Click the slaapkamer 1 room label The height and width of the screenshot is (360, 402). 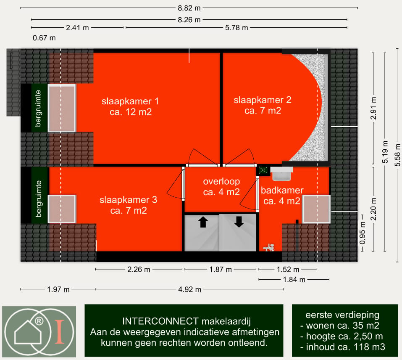130,106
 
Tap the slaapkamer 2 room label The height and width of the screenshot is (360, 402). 263,105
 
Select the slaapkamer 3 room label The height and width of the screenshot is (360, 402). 128,205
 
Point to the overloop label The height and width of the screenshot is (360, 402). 221,181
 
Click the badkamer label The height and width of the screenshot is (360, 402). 282,191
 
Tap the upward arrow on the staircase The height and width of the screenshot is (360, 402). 203,222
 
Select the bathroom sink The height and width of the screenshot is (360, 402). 281,174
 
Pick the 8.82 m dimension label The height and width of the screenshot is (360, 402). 189,8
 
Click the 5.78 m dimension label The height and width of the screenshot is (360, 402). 236,28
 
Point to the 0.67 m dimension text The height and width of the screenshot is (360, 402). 44,38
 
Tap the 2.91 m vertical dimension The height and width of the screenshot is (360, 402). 373,108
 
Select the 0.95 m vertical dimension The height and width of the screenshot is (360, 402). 362,233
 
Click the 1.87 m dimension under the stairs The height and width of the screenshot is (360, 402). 221,270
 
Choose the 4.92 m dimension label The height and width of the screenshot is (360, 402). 190,290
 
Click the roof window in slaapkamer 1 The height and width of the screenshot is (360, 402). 62,108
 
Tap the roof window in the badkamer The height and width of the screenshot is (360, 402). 316,209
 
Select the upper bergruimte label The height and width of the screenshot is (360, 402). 38,108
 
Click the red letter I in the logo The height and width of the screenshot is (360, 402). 60,331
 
